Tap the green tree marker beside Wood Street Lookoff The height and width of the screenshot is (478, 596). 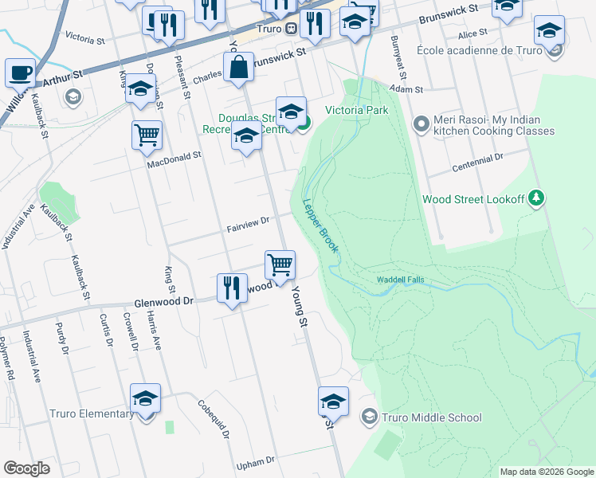(537, 198)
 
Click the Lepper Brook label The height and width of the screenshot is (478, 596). (321, 226)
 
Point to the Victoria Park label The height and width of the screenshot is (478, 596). (356, 110)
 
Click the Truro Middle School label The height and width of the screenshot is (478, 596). (432, 417)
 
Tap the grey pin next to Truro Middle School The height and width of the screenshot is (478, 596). (369, 417)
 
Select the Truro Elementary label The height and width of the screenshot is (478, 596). (92, 414)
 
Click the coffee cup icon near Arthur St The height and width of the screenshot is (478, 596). (20, 73)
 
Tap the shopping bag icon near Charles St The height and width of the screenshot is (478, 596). (239, 69)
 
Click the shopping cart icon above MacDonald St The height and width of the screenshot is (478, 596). (147, 135)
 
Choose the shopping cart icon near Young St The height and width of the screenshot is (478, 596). (280, 264)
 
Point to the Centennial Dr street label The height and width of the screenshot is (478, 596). (478, 166)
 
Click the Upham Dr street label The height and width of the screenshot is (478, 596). (255, 461)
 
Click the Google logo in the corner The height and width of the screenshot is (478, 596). (27, 468)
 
